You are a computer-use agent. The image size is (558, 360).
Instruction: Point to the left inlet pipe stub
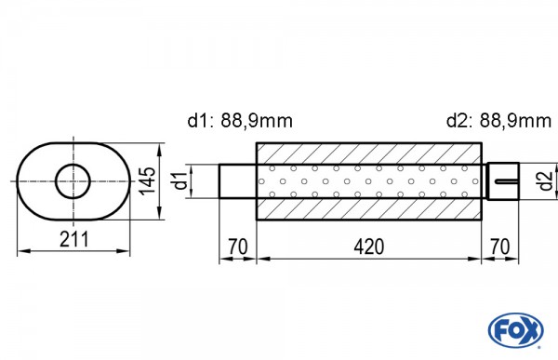237,180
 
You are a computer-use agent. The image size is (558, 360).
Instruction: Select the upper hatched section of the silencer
368,153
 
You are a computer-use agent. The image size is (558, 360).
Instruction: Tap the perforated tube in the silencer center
368,180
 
